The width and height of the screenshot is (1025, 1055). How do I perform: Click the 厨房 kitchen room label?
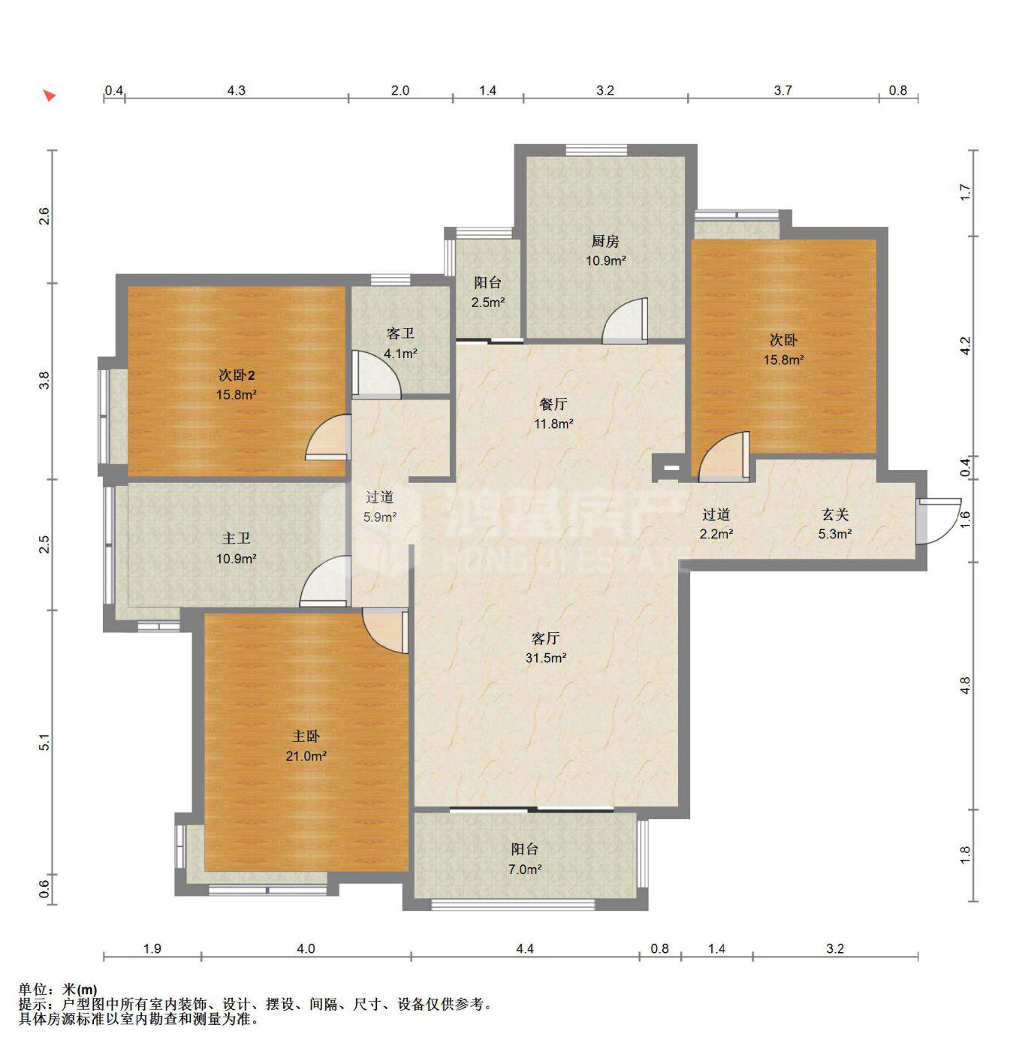click(x=605, y=241)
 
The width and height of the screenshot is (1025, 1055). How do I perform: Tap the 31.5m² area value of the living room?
click(x=546, y=659)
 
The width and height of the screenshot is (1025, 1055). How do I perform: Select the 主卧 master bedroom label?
click(x=306, y=736)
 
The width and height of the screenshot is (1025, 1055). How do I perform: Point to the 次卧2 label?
click(x=237, y=375)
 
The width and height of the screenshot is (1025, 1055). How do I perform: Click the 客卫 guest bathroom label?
click(x=400, y=333)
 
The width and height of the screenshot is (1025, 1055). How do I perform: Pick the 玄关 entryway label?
click(x=835, y=514)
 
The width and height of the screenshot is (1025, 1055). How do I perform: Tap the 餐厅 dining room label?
click(x=553, y=403)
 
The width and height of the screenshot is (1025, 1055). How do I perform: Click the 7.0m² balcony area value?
click(x=525, y=870)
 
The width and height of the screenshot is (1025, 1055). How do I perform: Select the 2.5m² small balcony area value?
click(x=488, y=303)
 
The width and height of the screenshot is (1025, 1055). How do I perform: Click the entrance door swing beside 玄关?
click(x=939, y=521)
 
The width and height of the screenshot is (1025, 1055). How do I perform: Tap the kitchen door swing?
click(x=625, y=321)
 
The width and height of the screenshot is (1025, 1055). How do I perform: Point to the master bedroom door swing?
click(x=385, y=631)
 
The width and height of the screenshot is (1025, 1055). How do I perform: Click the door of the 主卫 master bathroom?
click(x=324, y=580)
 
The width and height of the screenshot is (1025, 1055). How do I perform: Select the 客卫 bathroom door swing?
click(x=376, y=375)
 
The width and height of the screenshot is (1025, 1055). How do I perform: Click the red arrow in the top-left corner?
click(x=50, y=95)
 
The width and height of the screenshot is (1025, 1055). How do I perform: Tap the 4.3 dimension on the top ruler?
click(x=237, y=91)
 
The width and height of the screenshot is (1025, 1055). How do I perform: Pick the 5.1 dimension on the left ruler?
click(x=45, y=742)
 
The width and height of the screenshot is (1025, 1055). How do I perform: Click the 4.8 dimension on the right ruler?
click(x=965, y=686)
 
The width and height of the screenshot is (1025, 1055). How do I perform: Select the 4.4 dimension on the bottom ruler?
click(x=525, y=948)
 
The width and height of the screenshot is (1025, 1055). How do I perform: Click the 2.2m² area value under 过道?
click(x=716, y=534)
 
